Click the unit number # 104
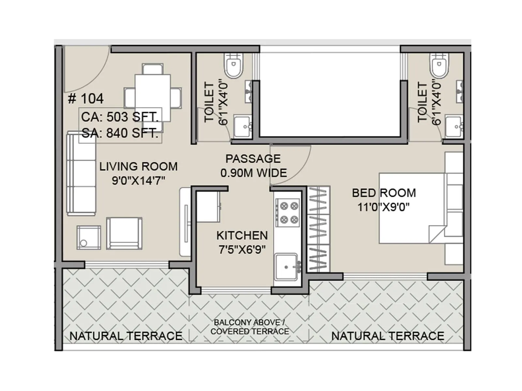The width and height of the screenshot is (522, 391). tap(86, 99)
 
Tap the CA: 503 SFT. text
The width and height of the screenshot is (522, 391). tap(120, 117)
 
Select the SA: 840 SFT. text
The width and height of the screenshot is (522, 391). tap(120, 133)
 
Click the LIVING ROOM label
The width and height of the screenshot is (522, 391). tap(138, 167)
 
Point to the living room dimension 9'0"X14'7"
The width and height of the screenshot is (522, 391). tap(138, 181)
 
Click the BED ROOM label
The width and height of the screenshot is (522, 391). tap(384, 193)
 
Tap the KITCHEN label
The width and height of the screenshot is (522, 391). tap(242, 236)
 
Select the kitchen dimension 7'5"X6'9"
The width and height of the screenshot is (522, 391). tap(242, 250)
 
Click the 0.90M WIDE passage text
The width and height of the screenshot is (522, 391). tap(253, 173)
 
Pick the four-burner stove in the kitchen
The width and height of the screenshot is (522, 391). tap(288, 212)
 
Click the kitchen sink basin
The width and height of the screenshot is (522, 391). tap(286, 267)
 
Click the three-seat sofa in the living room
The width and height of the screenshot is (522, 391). tap(81, 173)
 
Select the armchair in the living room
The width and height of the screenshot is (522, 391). tap(124, 233)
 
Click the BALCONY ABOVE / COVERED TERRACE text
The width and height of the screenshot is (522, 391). tap(250, 327)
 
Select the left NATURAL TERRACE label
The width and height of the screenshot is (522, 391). tap(126, 336)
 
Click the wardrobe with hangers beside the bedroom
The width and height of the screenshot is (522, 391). tap(318, 229)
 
